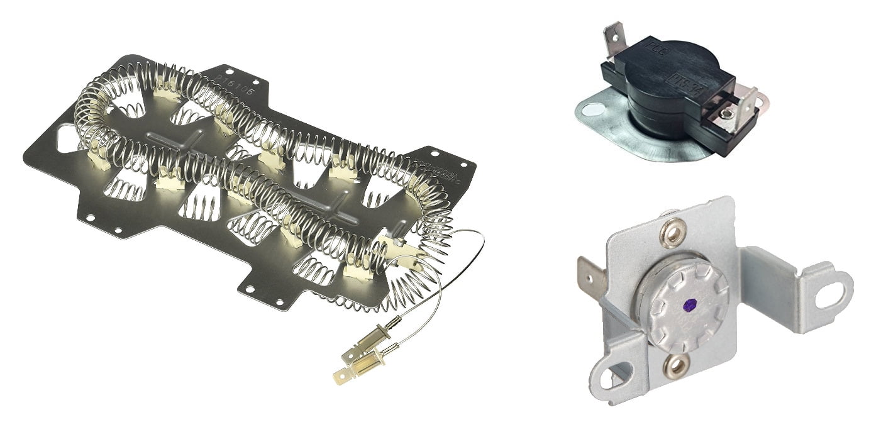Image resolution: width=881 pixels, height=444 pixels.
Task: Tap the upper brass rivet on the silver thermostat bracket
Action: pos(672,234)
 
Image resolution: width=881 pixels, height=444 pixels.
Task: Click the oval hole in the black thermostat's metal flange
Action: pos(590,111)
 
